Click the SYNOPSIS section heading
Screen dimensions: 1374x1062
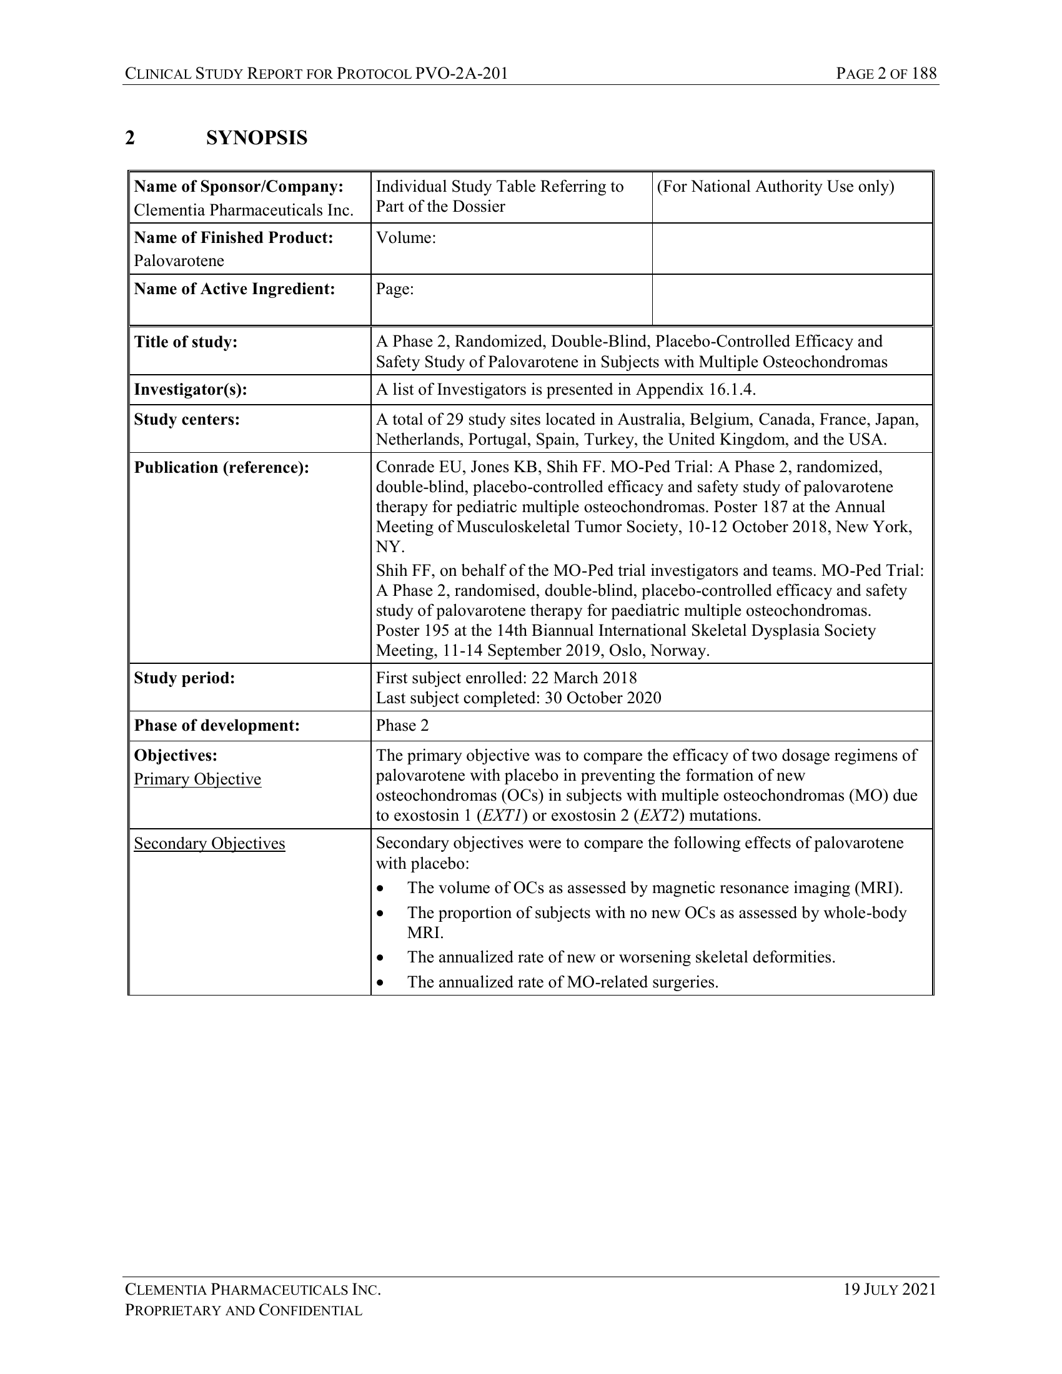point(256,138)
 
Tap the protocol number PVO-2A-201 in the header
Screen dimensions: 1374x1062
point(461,74)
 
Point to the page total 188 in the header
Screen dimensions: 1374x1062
point(923,74)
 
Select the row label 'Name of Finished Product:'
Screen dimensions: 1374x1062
point(234,238)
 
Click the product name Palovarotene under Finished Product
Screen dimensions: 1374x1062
point(179,260)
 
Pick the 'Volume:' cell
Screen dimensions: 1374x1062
point(406,238)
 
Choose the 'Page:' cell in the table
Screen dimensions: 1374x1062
point(394,289)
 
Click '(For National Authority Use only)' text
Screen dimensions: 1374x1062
point(775,186)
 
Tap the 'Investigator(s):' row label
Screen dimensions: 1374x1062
point(190,390)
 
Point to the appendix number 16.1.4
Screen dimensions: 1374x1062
point(731,390)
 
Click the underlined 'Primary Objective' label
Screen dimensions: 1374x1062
point(197,779)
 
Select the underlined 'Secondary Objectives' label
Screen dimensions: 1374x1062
point(209,843)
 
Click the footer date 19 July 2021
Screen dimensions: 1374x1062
point(890,1290)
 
